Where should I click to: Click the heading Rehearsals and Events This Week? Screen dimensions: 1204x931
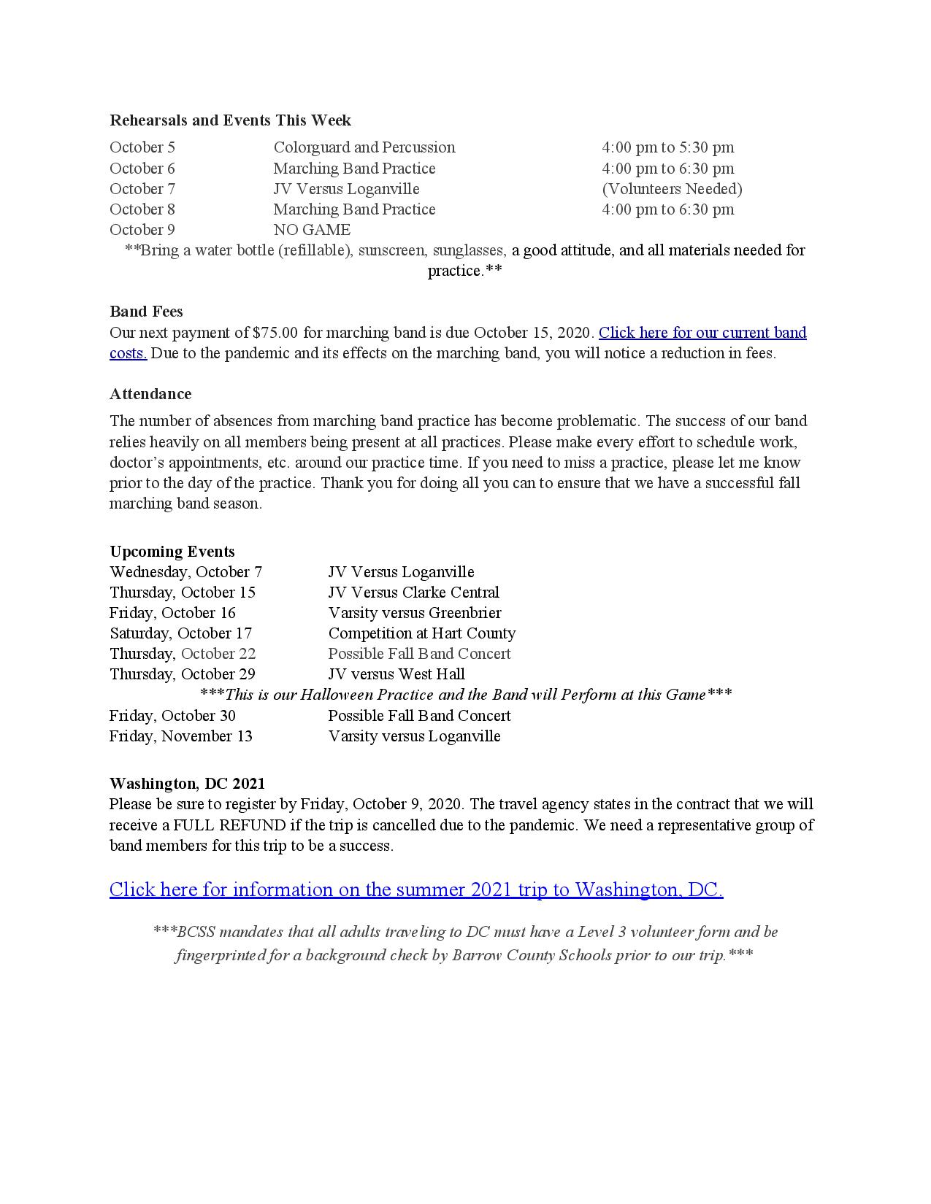[x=230, y=120]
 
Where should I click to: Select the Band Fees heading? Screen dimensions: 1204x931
[x=146, y=312]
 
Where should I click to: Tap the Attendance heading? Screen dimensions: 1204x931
[x=150, y=394]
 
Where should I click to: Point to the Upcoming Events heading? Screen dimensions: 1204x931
[x=172, y=552]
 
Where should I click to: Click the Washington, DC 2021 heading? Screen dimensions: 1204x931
[x=187, y=784]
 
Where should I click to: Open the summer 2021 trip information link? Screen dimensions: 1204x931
[x=416, y=890]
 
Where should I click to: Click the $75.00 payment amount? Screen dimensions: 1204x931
[x=275, y=333]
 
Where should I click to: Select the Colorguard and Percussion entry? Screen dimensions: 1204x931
[x=364, y=147]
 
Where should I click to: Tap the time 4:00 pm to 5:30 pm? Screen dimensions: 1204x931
[x=667, y=147]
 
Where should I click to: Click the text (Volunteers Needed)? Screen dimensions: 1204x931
[x=672, y=189]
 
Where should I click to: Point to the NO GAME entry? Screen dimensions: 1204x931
[x=312, y=230]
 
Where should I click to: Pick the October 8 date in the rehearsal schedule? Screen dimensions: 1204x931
[x=142, y=209]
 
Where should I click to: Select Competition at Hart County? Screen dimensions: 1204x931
[x=421, y=633]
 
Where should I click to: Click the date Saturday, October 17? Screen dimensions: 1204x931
[x=180, y=633]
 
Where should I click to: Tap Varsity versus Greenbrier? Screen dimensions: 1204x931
[x=414, y=613]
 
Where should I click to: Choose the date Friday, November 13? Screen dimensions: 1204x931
[x=181, y=736]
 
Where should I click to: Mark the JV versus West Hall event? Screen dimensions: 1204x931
[x=396, y=674]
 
